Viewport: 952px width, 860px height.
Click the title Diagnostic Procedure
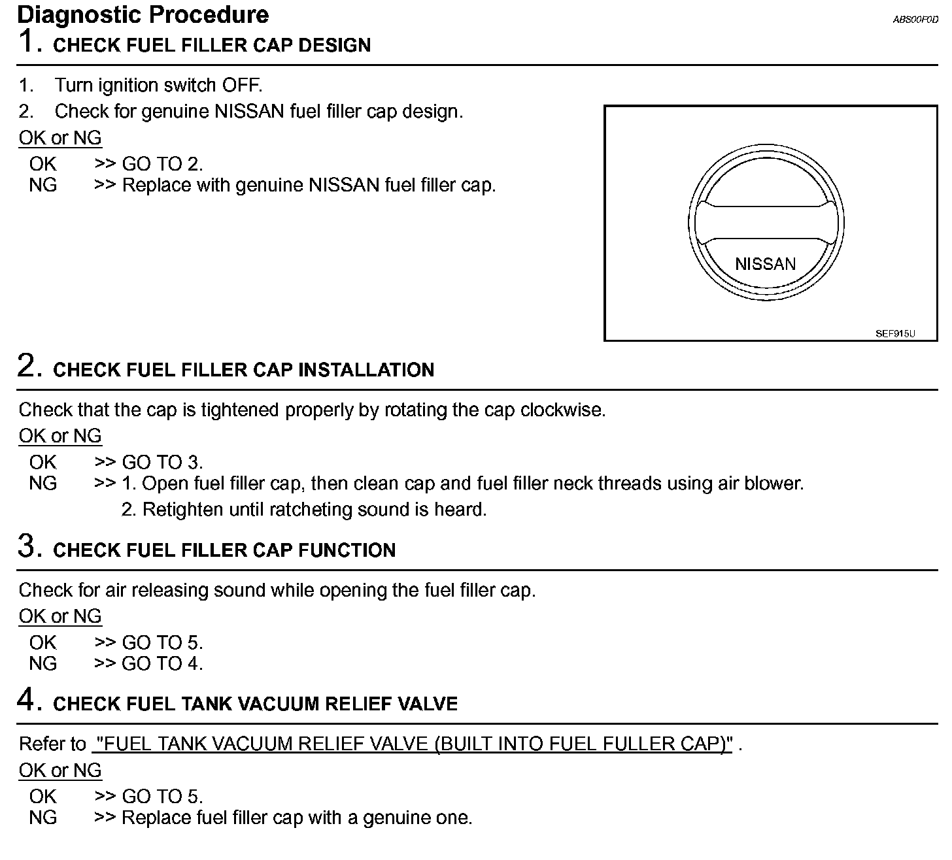point(143,14)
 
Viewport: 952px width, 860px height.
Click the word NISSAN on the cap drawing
point(765,264)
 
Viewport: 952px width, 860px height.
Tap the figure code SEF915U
point(894,333)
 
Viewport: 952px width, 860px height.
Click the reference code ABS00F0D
point(915,20)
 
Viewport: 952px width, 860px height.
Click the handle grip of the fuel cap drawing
point(765,223)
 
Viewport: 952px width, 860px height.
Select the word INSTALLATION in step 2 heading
point(365,370)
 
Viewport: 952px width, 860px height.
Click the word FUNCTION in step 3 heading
point(347,550)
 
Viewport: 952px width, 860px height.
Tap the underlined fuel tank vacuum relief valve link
point(413,744)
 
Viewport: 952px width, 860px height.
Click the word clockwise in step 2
point(563,410)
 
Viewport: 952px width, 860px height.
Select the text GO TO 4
point(162,663)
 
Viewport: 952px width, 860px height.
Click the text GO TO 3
point(162,462)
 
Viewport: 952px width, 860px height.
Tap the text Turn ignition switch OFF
point(158,85)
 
